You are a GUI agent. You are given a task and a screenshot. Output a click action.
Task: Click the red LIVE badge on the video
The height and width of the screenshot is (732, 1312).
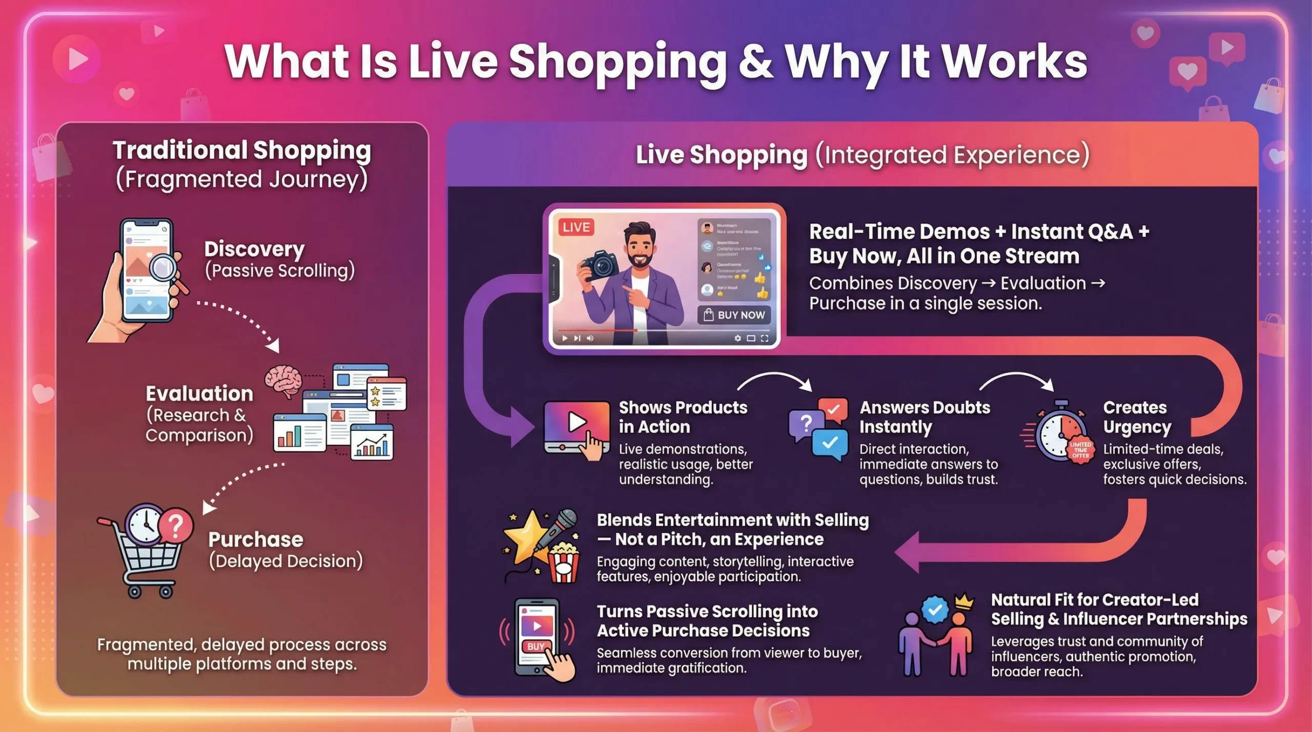pos(576,227)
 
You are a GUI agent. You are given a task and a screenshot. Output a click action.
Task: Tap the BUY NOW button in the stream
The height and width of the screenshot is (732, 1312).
pos(734,315)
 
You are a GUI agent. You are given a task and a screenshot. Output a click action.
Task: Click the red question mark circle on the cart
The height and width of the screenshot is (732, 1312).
pos(176,525)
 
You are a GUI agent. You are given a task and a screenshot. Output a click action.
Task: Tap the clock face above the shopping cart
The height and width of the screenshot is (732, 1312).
pos(145,523)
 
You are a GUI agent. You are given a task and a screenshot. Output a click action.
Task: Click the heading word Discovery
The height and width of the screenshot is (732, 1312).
pos(254,249)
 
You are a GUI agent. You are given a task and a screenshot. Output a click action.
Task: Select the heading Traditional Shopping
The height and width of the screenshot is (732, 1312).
pos(242,150)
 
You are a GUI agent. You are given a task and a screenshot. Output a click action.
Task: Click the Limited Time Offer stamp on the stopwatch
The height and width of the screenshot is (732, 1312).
pos(1080,449)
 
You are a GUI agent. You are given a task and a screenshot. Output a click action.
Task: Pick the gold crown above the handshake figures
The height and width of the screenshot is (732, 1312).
pos(964,600)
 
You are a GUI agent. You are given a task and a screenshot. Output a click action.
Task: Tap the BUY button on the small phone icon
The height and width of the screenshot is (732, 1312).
pos(536,646)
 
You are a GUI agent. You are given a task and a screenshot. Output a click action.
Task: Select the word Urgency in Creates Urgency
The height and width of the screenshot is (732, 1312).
pos(1137,427)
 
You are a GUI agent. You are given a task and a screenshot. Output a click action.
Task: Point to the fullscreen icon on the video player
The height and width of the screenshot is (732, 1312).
pos(765,338)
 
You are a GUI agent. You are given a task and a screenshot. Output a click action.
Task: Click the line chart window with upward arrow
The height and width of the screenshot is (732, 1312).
pos(372,444)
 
